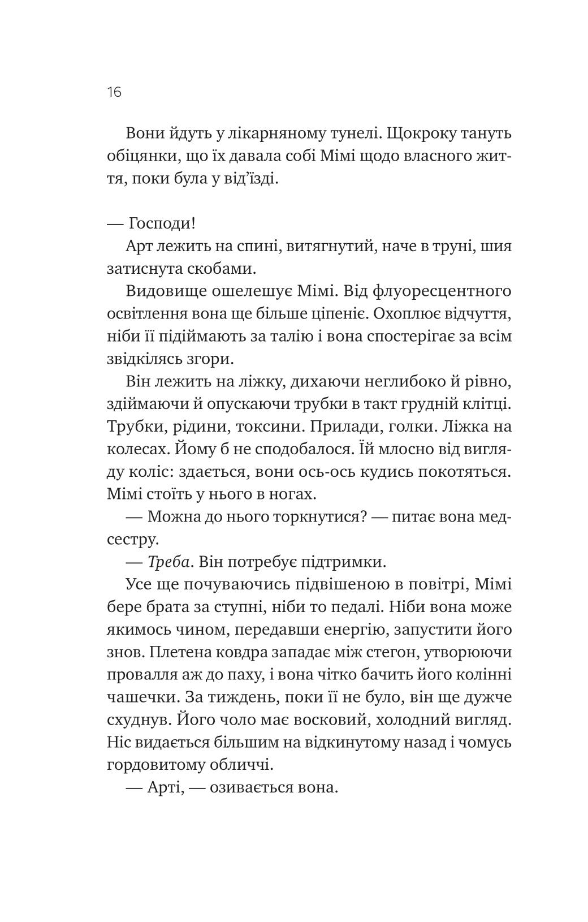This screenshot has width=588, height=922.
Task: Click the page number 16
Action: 114,92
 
